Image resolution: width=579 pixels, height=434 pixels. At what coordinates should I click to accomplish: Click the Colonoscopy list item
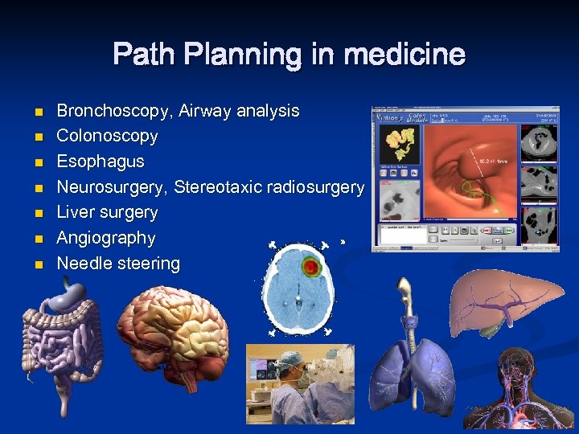click(x=107, y=136)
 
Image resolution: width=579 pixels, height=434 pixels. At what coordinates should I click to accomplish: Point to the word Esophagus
click(x=101, y=162)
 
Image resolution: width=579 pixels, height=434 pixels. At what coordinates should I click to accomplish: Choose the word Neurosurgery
click(x=112, y=187)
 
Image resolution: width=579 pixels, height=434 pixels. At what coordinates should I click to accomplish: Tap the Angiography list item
click(x=105, y=238)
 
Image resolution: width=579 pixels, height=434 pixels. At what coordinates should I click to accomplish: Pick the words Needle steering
click(x=118, y=264)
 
